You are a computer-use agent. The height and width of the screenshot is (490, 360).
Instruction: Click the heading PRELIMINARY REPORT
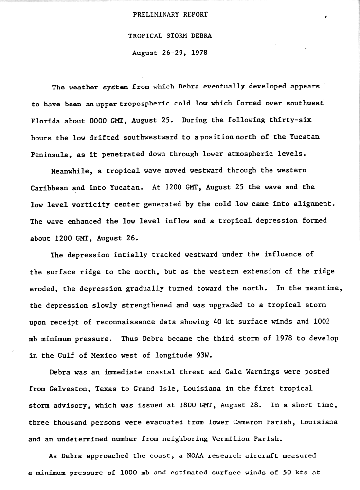click(x=170, y=15)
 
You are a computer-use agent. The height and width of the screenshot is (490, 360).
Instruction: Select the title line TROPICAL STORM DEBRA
click(x=170, y=36)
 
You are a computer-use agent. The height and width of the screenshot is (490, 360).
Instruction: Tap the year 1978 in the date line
click(x=199, y=52)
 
